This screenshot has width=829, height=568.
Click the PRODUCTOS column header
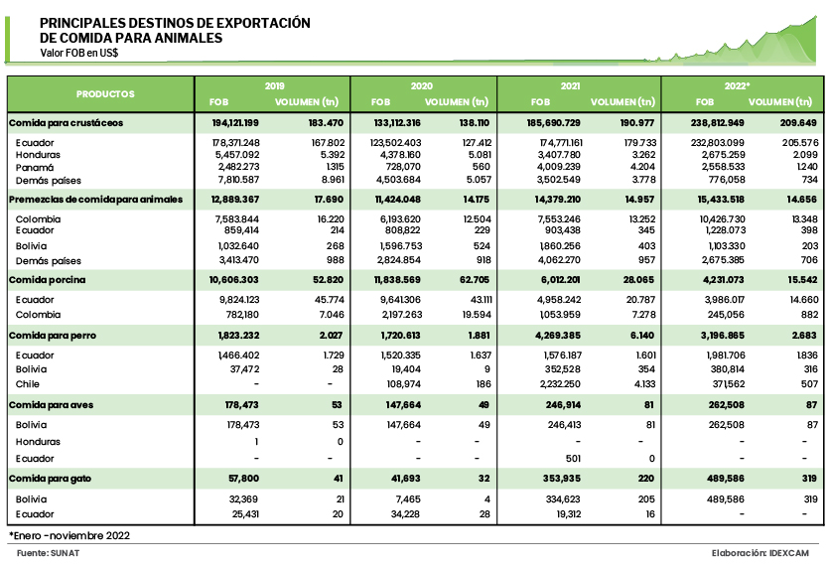coord(105,93)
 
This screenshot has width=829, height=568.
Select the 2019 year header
coord(275,86)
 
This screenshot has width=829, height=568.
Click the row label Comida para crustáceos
coord(66,122)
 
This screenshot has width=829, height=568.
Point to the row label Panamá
coord(36,168)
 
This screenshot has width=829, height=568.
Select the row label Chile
coord(28,381)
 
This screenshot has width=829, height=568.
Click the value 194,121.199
coord(235,122)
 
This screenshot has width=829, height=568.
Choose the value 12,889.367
coord(235,201)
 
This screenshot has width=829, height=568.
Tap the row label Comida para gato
coord(50,479)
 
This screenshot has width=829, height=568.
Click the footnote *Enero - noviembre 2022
coord(69,535)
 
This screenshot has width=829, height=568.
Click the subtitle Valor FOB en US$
coord(79,53)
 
